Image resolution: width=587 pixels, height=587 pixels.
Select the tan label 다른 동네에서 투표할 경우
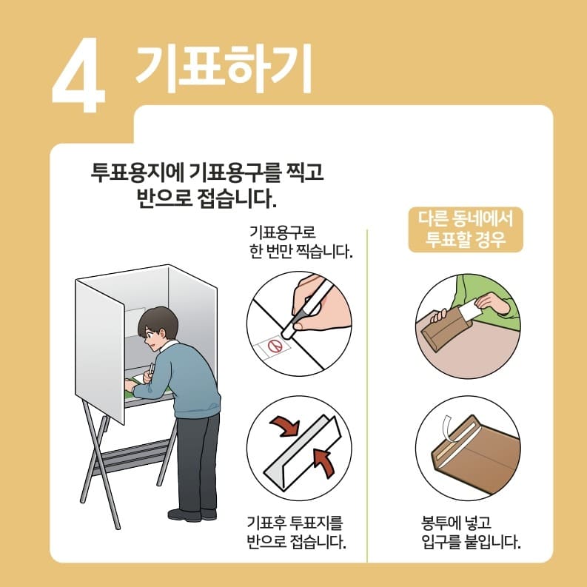click(x=466, y=229)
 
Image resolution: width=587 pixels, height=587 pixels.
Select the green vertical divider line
click(x=368, y=392)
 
